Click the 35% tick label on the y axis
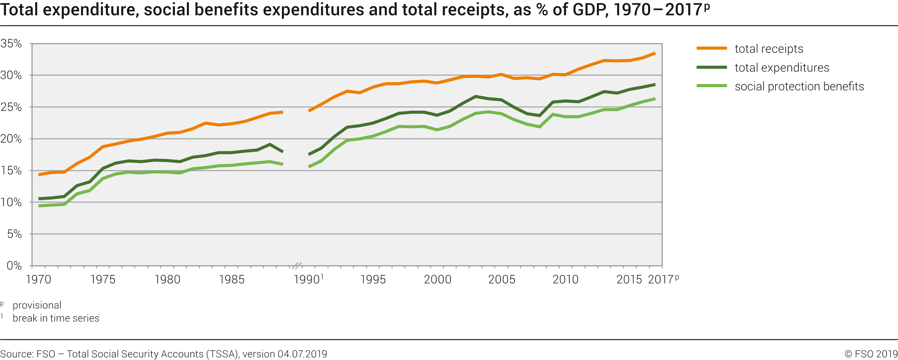[x=11, y=43]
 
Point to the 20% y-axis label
[x=11, y=139]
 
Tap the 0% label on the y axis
[x=14, y=266]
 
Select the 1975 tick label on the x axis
[x=103, y=279]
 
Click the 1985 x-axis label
[x=232, y=279]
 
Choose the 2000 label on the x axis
[x=438, y=279]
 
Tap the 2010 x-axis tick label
[x=565, y=279]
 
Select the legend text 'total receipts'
[x=769, y=49]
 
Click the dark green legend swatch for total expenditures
[x=711, y=67]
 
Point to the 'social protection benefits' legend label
[x=799, y=87]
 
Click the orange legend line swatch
[x=711, y=48]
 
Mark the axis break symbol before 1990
[x=297, y=266]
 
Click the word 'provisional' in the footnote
[x=37, y=305]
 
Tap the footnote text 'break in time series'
[x=56, y=318]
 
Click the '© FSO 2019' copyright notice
[x=871, y=354]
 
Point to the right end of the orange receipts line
[x=654, y=53]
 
